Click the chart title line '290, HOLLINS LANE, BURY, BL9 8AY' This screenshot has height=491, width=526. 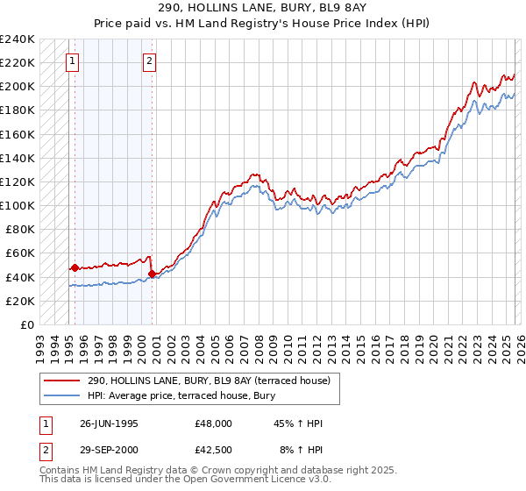tap(263, 7)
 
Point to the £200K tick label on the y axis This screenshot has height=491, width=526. tap(18, 87)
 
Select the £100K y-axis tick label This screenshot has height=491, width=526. tap(18, 206)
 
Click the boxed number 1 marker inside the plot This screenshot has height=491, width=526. tap(72, 61)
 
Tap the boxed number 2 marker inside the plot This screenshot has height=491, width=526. tap(150, 61)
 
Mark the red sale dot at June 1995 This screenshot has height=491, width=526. tap(75, 267)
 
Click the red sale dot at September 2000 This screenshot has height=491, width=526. tap(152, 274)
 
